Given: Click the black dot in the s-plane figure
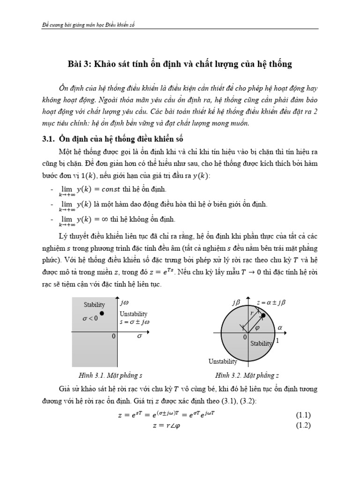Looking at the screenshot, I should (x=102, y=313).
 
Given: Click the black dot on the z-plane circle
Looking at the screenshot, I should (x=263, y=316).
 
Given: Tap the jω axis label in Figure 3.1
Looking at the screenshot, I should (x=125, y=302).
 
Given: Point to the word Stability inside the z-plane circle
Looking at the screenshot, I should (x=261, y=344).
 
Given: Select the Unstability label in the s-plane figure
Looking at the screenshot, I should (x=134, y=314).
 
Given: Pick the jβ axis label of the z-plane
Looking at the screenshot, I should (x=236, y=303).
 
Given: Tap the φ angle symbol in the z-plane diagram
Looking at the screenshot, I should (x=257, y=328).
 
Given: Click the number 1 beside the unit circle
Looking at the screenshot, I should (x=277, y=341).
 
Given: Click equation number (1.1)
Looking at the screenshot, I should (x=303, y=415).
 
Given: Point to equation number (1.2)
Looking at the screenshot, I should (x=303, y=425).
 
